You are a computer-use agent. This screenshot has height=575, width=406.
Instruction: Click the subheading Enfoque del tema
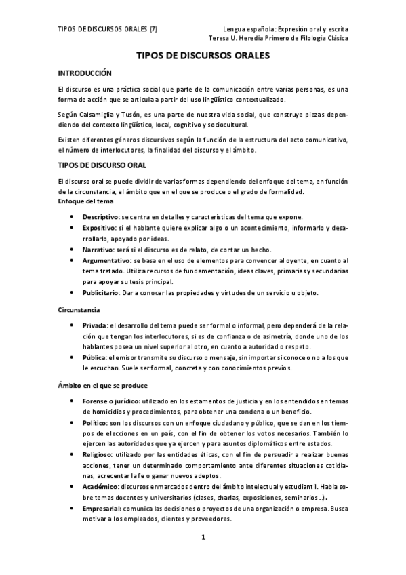pyautogui.click(x=85, y=201)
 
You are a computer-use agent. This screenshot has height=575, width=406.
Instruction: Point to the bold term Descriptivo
pyautogui.click(x=101, y=216)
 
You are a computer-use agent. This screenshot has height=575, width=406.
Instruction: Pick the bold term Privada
pyautogui.click(x=94, y=325)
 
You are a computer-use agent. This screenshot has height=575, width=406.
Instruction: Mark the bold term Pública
pyautogui.click(x=94, y=357)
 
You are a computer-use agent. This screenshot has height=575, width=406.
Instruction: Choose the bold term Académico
pyautogui.click(x=101, y=488)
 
